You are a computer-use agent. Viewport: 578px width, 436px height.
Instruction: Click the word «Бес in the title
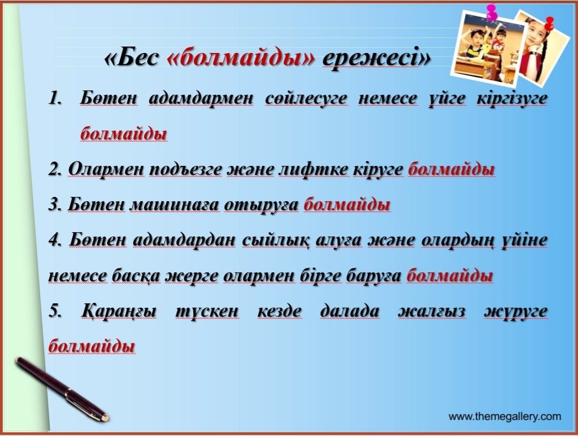(132, 57)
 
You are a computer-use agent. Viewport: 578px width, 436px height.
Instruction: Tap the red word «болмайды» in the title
(241, 57)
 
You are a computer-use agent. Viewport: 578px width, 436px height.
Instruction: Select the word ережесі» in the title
(376, 57)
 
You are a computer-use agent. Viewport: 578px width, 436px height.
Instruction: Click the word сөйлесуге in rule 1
(306, 98)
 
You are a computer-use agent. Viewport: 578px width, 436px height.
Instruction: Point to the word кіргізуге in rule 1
(512, 98)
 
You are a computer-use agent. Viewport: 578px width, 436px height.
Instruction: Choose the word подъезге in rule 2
(186, 169)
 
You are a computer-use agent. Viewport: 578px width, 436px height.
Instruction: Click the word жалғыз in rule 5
(431, 311)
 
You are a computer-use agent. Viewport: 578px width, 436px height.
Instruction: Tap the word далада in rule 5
(349, 311)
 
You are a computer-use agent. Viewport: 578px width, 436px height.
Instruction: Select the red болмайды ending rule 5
(92, 346)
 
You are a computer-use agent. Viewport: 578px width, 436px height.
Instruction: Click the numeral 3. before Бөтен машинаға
(55, 204)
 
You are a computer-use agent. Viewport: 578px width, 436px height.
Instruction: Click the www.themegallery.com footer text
(505, 417)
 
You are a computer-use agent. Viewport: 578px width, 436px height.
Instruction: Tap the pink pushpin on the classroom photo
(491, 12)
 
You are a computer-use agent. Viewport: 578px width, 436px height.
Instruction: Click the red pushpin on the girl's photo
(549, 24)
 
